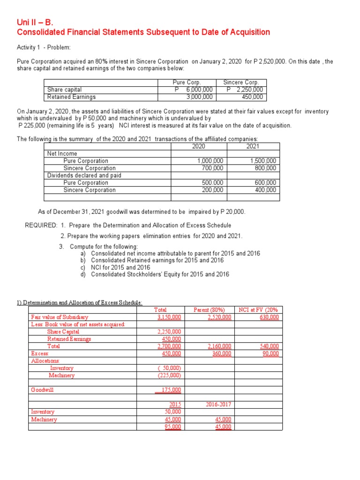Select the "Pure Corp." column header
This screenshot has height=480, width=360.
pos(187,82)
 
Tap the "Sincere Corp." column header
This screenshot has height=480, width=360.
pos(241,82)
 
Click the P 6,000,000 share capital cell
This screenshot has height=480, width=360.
pos(193,90)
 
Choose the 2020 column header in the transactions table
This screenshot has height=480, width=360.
pos(199,146)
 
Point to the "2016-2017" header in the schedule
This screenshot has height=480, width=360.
pos(218,404)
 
